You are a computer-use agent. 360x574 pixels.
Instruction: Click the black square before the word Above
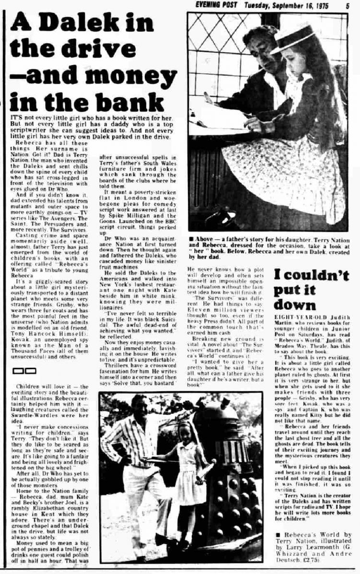point(191,238)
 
